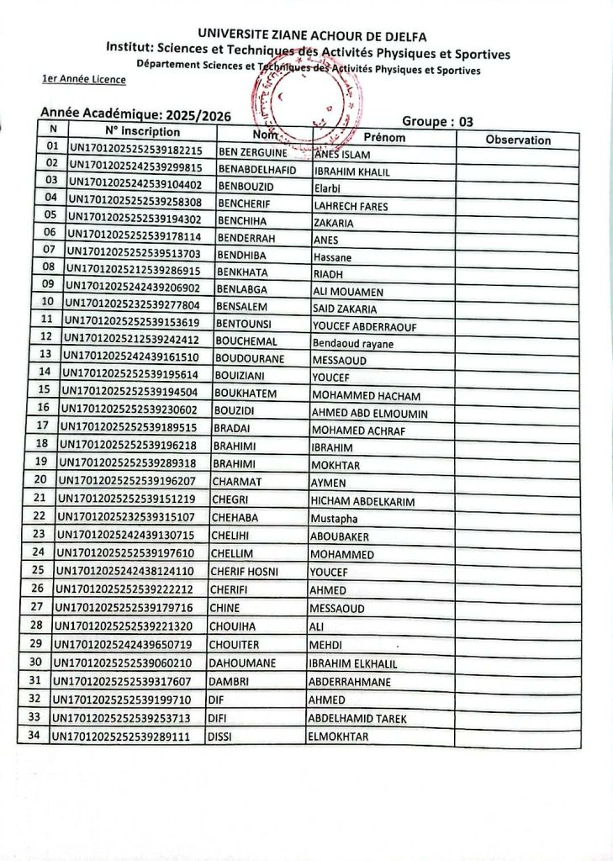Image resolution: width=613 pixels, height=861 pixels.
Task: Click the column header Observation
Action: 518,140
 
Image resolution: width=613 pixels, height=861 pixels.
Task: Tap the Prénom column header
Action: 384,137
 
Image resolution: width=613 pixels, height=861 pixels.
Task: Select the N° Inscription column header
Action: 142,132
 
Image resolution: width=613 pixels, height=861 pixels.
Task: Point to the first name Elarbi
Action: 326,188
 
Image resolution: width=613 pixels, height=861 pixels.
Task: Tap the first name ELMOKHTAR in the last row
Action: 338,737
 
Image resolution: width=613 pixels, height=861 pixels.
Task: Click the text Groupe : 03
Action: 437,121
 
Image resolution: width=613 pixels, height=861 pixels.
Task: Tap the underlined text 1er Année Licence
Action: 83,80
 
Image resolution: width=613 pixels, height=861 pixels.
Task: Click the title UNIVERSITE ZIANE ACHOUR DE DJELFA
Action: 311,36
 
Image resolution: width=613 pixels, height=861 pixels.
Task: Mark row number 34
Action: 34,736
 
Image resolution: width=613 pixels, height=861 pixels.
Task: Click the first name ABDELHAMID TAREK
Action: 357,718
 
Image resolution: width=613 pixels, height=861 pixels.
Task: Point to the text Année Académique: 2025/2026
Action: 135,114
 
